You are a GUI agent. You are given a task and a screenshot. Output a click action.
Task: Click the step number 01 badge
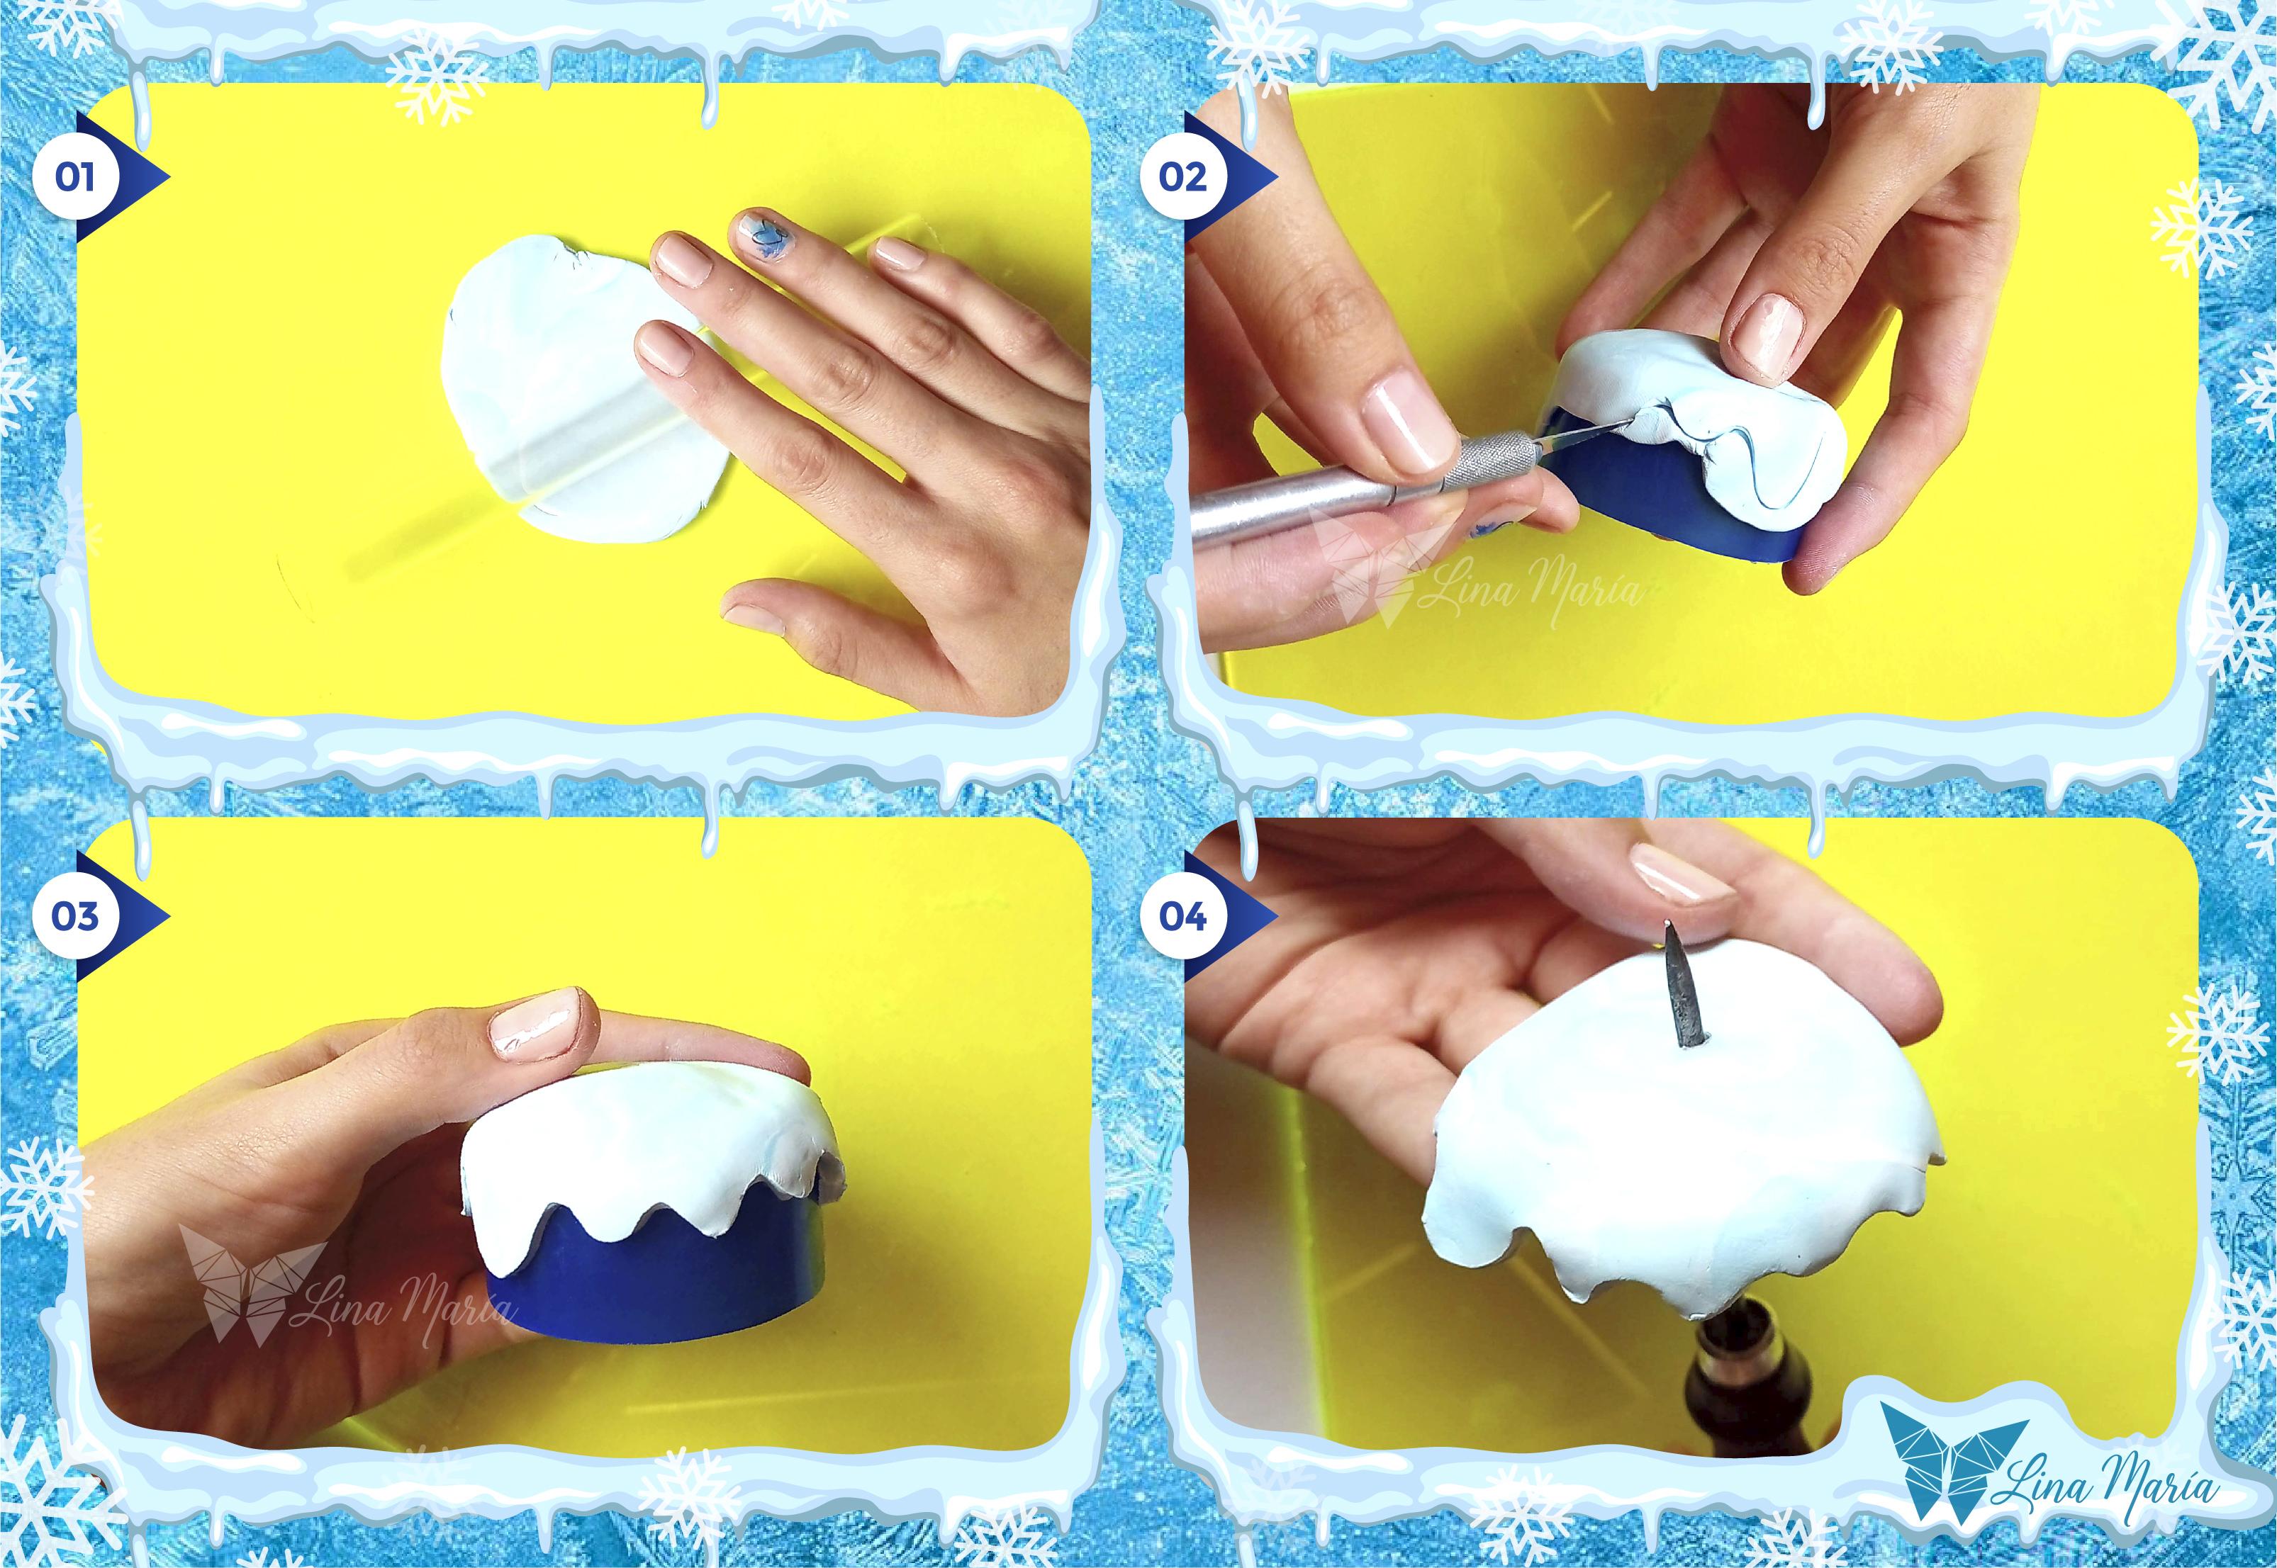click(x=74, y=177)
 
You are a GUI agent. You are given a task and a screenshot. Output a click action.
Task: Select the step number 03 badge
click(x=74, y=915)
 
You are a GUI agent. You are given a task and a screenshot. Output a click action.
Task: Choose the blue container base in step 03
click(x=649, y=1277)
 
